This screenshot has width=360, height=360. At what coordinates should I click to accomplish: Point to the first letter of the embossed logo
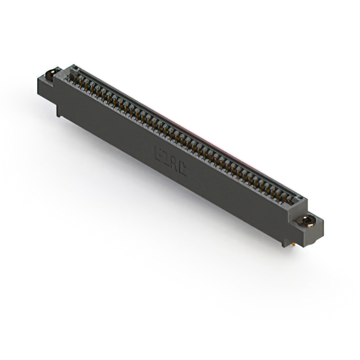158,154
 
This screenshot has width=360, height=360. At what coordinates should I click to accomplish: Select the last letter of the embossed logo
182,168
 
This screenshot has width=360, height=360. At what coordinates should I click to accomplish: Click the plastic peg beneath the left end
58,111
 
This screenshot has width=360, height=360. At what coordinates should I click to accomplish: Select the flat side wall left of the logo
112,129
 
